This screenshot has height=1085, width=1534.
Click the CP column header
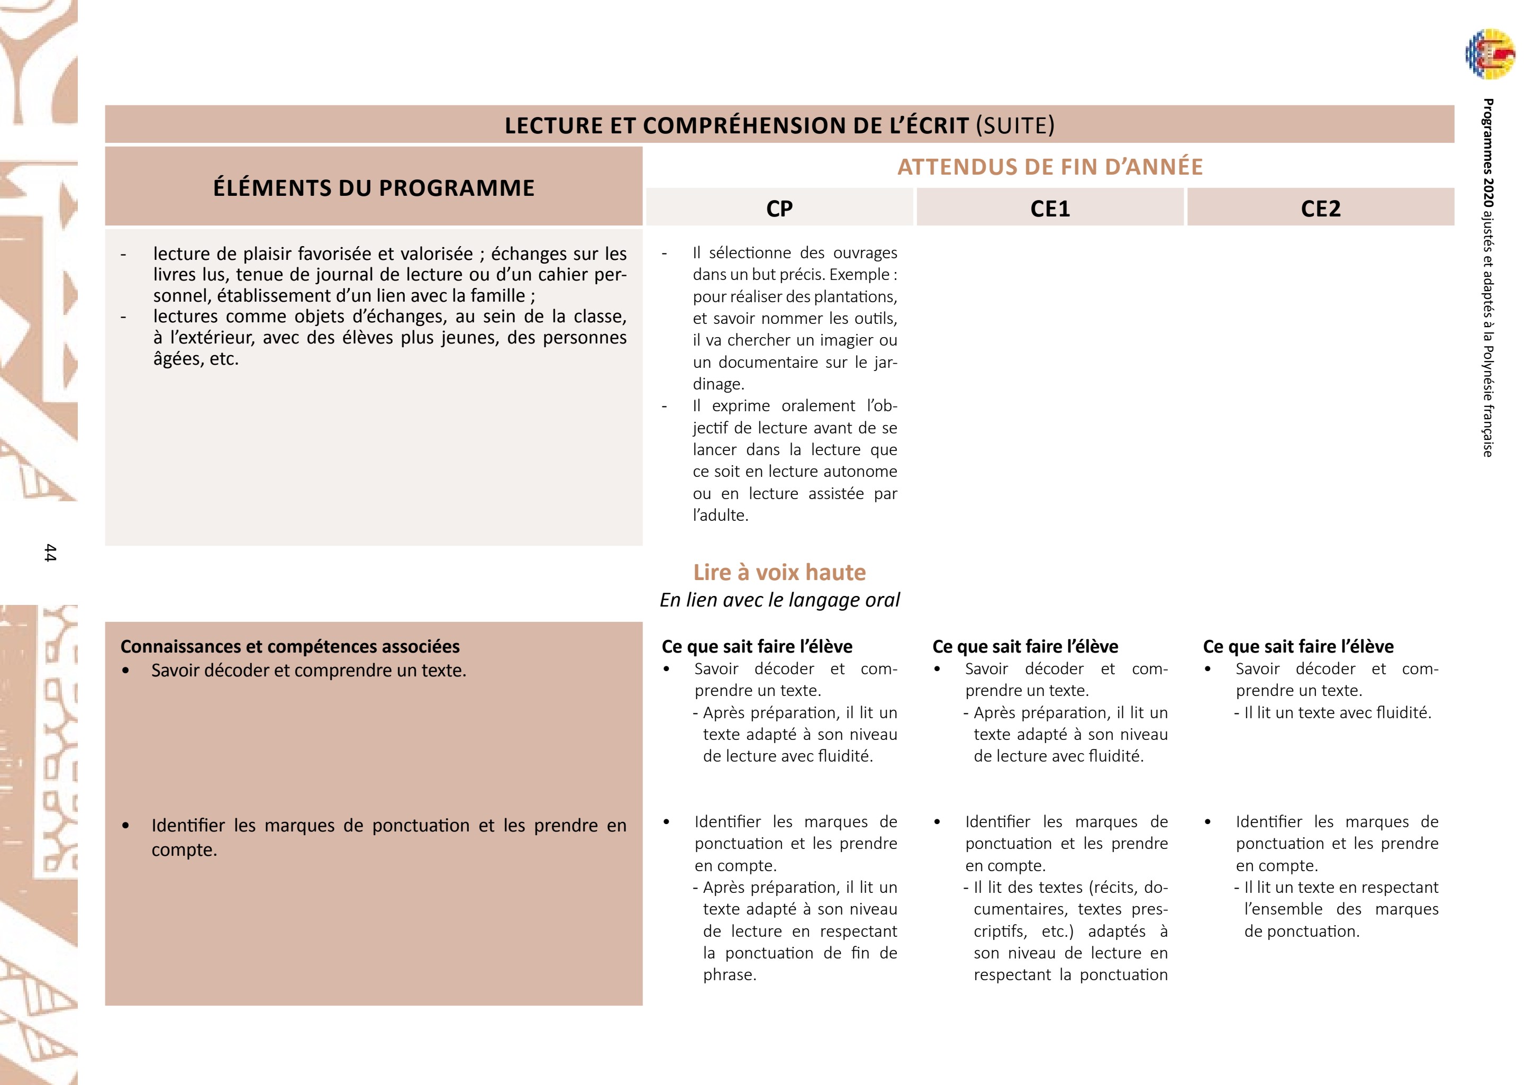[779, 209]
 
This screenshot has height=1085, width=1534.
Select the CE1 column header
[1050, 209]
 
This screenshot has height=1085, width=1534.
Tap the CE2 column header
[1320, 209]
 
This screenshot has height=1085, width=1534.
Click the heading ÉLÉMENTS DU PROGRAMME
[374, 188]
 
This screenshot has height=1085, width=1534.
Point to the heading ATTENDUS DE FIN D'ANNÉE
[1050, 166]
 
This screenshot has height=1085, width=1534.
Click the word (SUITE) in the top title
[1015, 125]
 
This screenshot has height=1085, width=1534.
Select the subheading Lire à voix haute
[779, 572]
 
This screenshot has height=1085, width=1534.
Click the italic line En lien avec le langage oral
[779, 600]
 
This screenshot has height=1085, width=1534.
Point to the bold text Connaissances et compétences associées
[290, 646]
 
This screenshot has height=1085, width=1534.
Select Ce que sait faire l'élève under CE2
[1298, 646]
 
